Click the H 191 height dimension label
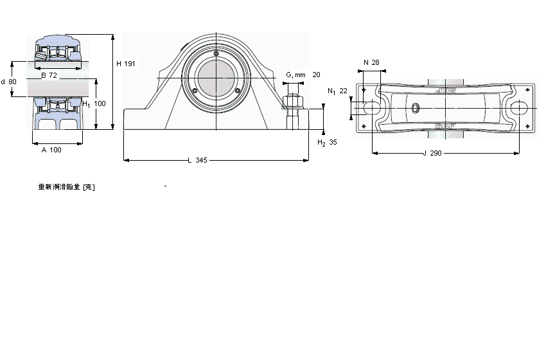click(125, 64)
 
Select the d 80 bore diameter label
click(9, 82)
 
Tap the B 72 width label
click(49, 75)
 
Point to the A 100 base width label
click(51, 150)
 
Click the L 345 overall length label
click(197, 160)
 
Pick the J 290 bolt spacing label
click(434, 154)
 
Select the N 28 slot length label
click(371, 62)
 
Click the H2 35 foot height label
click(327, 142)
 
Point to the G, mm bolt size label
click(295, 75)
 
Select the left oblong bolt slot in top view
click(372, 109)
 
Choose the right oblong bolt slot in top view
click(520, 109)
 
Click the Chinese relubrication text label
click(67, 187)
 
